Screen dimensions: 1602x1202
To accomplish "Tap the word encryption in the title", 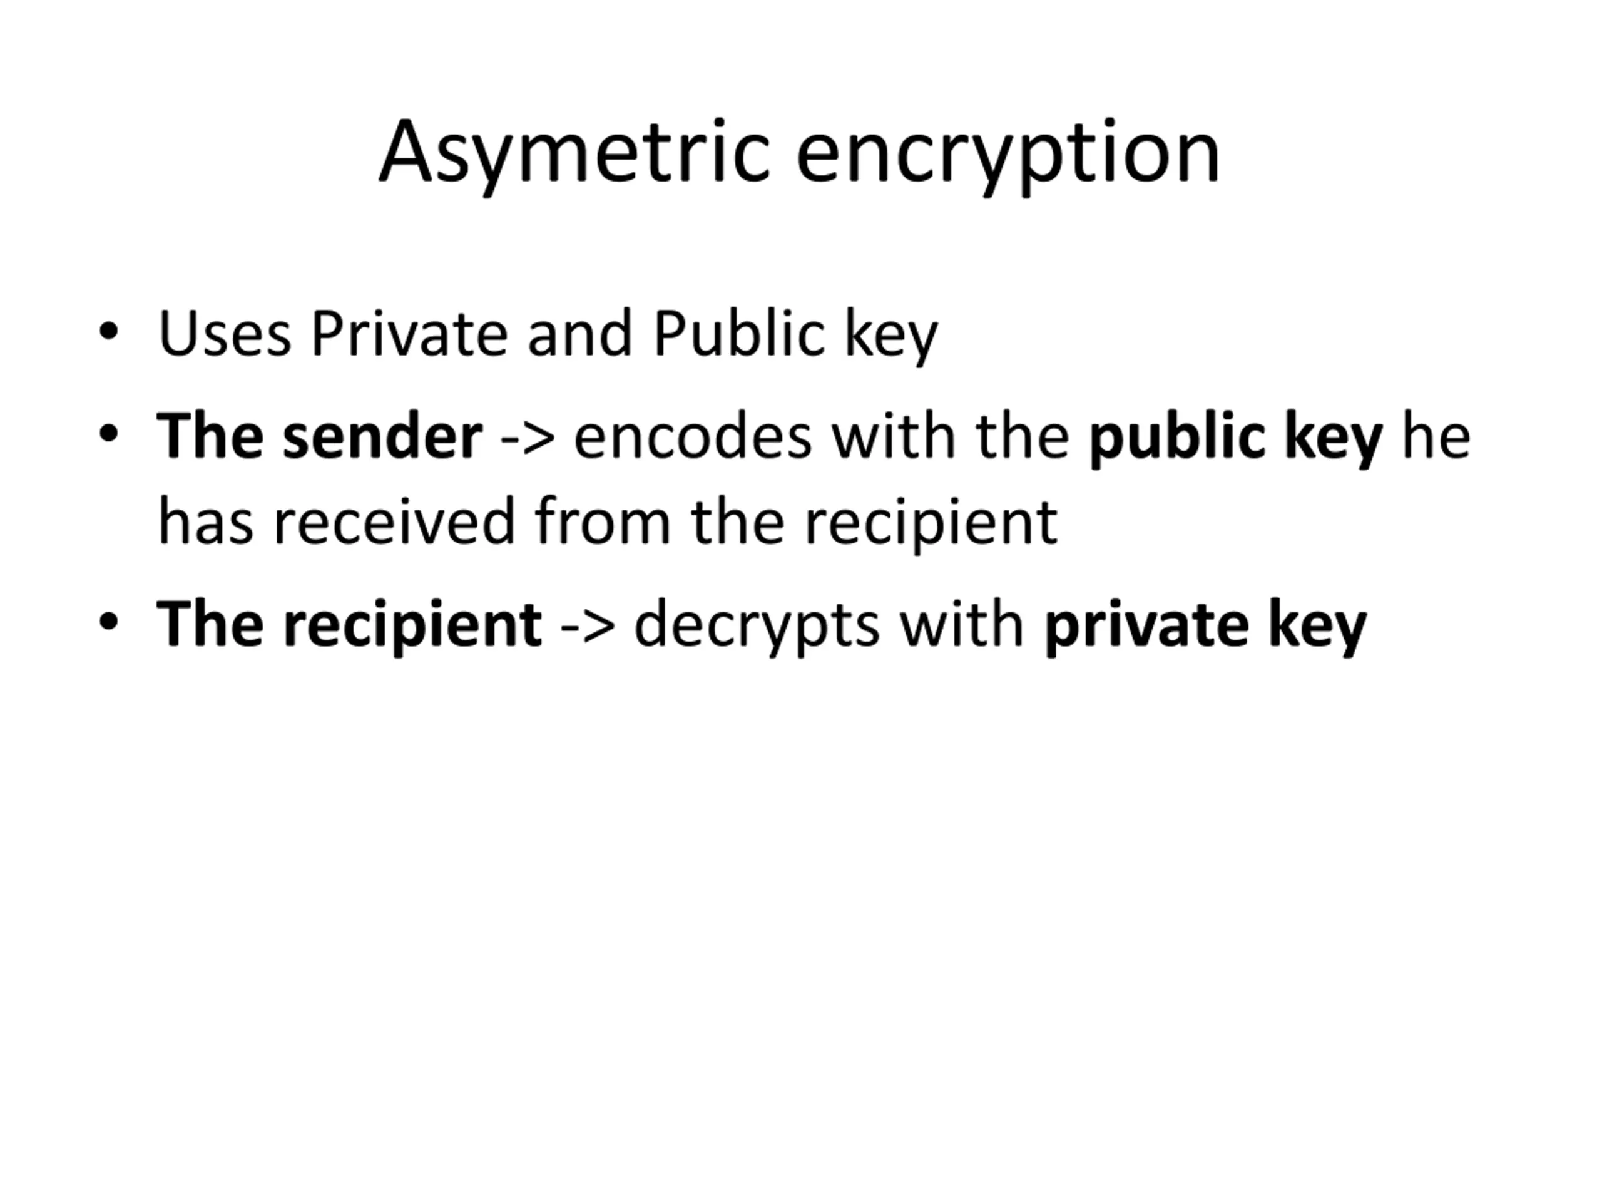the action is point(1008,153).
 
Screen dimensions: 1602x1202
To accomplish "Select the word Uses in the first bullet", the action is point(225,335).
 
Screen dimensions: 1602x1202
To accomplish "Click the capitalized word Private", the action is point(409,335).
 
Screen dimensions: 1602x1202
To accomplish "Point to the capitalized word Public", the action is point(738,335).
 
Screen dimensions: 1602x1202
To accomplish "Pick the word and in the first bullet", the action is point(580,335).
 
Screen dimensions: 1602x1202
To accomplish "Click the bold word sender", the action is point(382,437).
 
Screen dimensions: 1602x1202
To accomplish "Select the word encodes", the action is point(693,437).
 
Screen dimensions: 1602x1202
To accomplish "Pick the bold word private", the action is point(1146,625).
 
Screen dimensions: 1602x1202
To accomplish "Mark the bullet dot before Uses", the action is point(109,332).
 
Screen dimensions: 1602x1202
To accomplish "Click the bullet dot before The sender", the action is point(109,434).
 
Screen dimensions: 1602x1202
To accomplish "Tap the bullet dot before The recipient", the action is point(109,622).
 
